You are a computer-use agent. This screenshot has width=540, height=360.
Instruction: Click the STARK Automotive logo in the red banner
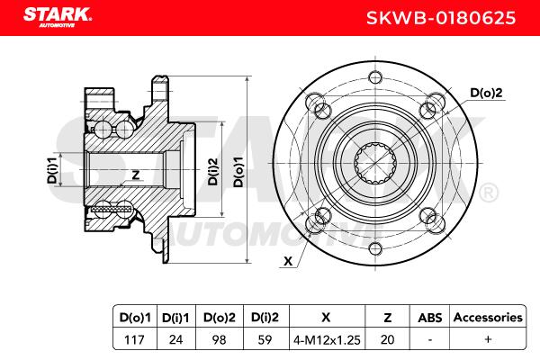point(58,17)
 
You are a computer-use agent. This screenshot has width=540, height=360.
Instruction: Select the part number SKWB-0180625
point(441,18)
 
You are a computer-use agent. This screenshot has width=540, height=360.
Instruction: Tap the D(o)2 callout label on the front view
point(486,93)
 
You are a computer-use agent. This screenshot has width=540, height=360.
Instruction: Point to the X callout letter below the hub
point(288,261)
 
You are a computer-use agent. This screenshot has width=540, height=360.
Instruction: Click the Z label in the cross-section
point(136,175)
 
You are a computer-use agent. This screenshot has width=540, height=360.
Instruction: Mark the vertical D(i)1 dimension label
point(52,170)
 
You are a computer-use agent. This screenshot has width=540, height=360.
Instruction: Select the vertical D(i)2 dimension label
point(213,171)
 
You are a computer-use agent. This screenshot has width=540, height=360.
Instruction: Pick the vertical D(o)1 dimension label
point(238,172)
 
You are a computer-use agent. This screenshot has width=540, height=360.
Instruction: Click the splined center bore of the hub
point(375,163)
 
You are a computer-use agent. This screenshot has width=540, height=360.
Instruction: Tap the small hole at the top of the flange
point(375,77)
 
